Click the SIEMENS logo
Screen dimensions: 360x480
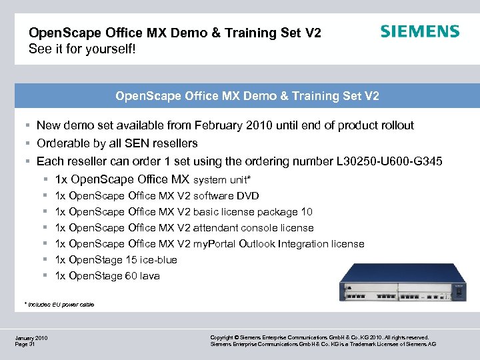tap(419, 31)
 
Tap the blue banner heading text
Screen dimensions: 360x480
tap(247, 96)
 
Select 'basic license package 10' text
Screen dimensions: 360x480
tap(253, 212)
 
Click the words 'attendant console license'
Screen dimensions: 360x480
tap(253, 228)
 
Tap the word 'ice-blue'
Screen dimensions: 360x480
tap(159, 260)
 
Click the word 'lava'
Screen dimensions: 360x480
tap(150, 276)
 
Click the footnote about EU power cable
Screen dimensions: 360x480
tap(60, 305)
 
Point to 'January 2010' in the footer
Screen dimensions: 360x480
tap(31, 338)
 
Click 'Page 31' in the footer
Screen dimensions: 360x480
tap(25, 345)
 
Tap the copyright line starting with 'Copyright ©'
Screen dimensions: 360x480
tap(319, 338)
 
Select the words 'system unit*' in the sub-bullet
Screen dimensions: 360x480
tap(222, 179)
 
